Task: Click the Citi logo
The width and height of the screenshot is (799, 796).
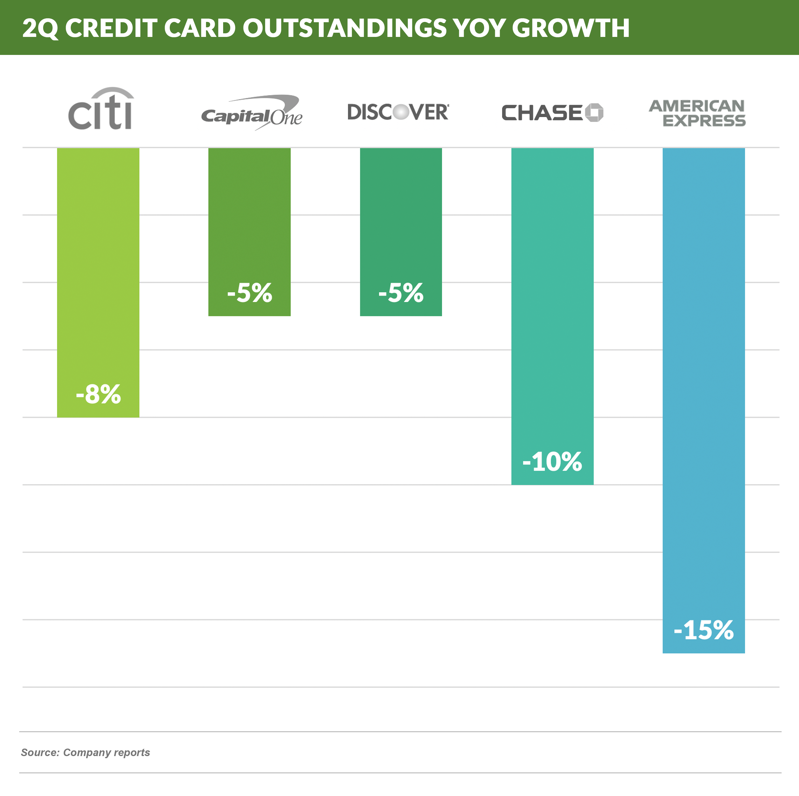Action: [100, 109]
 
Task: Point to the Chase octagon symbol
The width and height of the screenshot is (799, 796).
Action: [594, 113]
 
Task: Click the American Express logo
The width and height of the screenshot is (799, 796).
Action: [697, 113]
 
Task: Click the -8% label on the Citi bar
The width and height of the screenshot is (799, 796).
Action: [98, 394]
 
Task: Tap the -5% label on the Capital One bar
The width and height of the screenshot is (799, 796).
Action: [250, 293]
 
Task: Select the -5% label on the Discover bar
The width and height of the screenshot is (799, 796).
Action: [401, 293]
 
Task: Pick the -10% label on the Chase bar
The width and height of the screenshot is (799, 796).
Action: [552, 462]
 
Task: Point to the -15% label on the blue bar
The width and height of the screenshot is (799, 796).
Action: [703, 630]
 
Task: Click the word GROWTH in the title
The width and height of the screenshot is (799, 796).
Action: [571, 28]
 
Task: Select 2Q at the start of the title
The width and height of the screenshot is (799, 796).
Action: [40, 28]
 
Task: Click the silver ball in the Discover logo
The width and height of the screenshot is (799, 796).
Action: [400, 112]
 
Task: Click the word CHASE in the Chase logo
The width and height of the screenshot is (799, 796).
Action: [542, 113]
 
